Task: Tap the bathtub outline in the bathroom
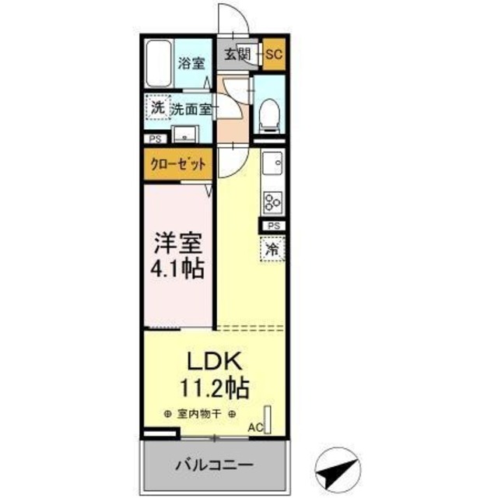coord(158,65)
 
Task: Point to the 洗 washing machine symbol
coord(157,108)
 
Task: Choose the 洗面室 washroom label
coord(191,110)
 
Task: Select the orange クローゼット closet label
coord(177,164)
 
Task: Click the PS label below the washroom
coord(154,141)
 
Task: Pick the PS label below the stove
coord(272,226)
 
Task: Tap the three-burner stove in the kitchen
coord(272,202)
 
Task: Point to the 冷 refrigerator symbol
coord(272,250)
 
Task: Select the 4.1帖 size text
coord(178,269)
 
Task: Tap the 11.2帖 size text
coord(216,386)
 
